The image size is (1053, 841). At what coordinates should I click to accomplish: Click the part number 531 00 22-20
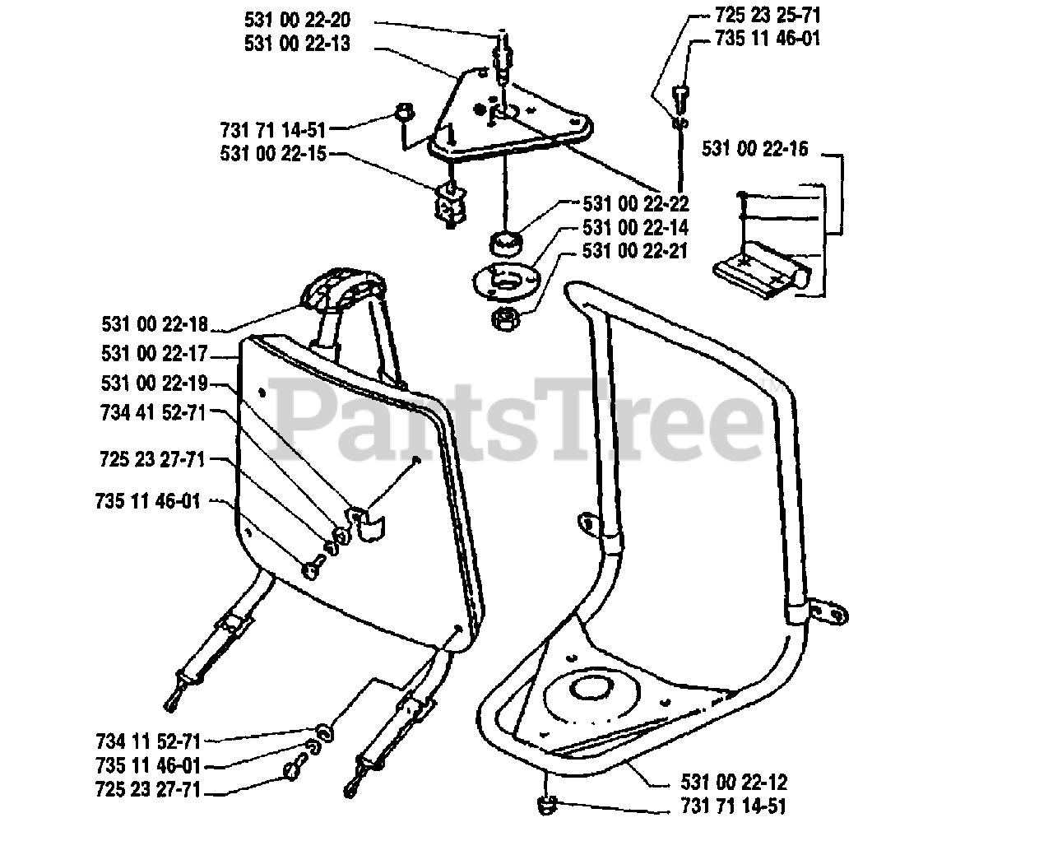click(296, 19)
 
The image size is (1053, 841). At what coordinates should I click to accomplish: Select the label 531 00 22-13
click(296, 44)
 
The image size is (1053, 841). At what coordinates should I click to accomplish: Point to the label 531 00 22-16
click(755, 149)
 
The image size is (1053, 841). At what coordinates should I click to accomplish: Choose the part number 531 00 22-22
click(635, 203)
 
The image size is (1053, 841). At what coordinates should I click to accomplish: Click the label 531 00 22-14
click(635, 227)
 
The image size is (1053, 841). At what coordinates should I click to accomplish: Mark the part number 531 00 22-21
click(635, 251)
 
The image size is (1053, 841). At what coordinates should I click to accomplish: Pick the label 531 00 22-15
click(273, 153)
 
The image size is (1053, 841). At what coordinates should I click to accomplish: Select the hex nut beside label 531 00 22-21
click(503, 318)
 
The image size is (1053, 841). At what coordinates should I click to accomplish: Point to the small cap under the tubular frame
click(548, 805)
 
